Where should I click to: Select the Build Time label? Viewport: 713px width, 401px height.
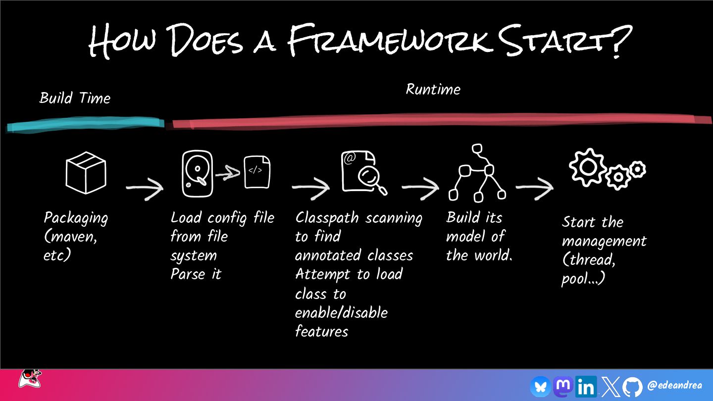point(75,98)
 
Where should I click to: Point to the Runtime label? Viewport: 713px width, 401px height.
point(433,90)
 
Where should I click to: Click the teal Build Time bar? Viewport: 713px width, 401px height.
point(85,124)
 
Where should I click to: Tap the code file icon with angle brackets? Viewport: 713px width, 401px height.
point(257,171)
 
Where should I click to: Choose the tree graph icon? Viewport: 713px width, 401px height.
point(477,173)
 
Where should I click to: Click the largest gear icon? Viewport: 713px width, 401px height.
point(588,167)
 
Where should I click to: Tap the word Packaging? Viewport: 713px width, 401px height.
point(76,218)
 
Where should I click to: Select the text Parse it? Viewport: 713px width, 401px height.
point(196,274)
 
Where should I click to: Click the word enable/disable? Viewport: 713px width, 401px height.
point(341,313)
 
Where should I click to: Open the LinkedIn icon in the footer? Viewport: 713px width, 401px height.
point(586,386)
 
